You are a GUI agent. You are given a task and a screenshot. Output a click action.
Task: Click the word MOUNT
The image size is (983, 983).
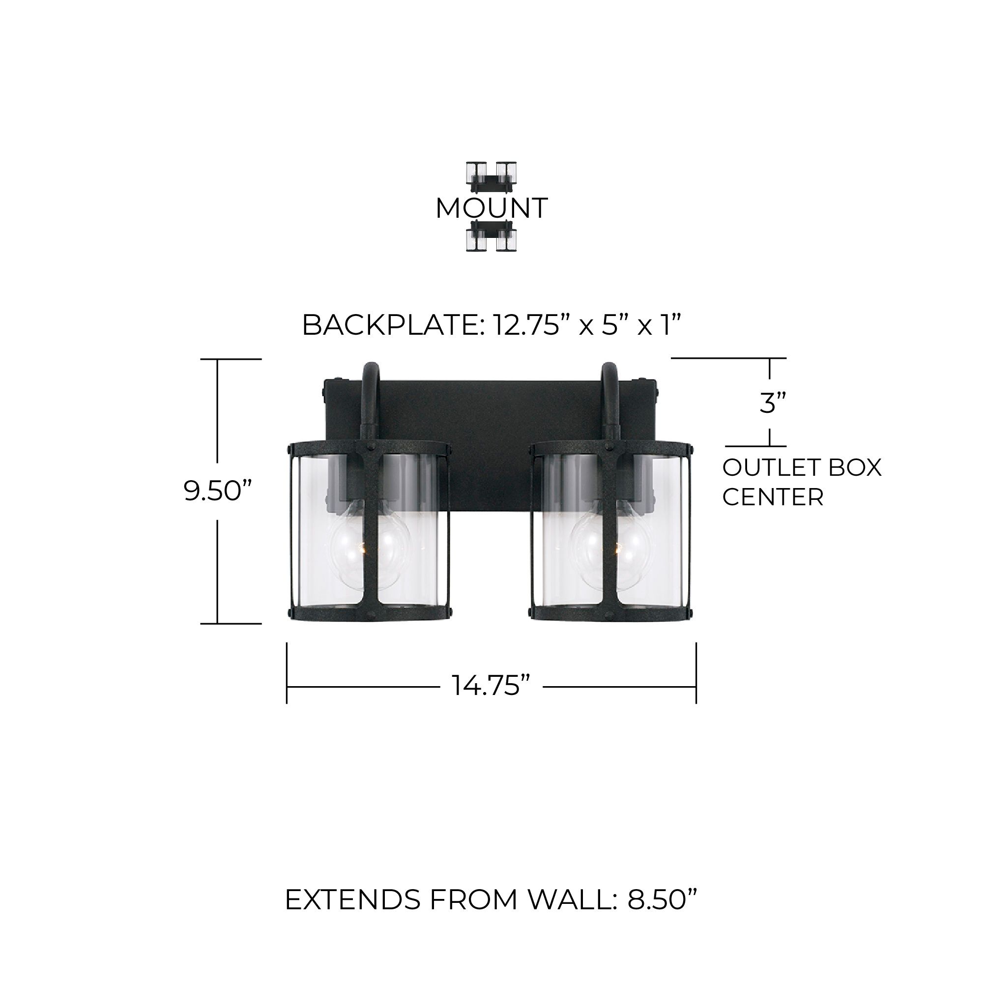click(491, 208)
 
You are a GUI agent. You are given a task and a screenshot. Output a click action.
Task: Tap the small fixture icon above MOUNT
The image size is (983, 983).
click(491, 177)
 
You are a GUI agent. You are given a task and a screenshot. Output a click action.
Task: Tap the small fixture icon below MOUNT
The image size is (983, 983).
click(491, 236)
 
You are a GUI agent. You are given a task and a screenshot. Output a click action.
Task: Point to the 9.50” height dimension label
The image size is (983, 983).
click(218, 491)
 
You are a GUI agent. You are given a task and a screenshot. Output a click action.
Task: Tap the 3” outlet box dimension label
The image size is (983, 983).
click(772, 403)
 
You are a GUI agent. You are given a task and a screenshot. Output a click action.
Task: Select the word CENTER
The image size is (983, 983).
click(772, 496)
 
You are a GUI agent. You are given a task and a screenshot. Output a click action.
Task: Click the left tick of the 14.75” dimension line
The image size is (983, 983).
click(287, 673)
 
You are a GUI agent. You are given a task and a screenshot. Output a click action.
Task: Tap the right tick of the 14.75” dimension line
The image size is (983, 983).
click(695, 673)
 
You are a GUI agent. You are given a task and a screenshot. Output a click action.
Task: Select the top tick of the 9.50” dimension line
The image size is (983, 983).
click(231, 359)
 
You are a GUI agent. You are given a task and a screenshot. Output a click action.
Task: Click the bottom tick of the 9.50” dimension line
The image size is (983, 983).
click(231, 623)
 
